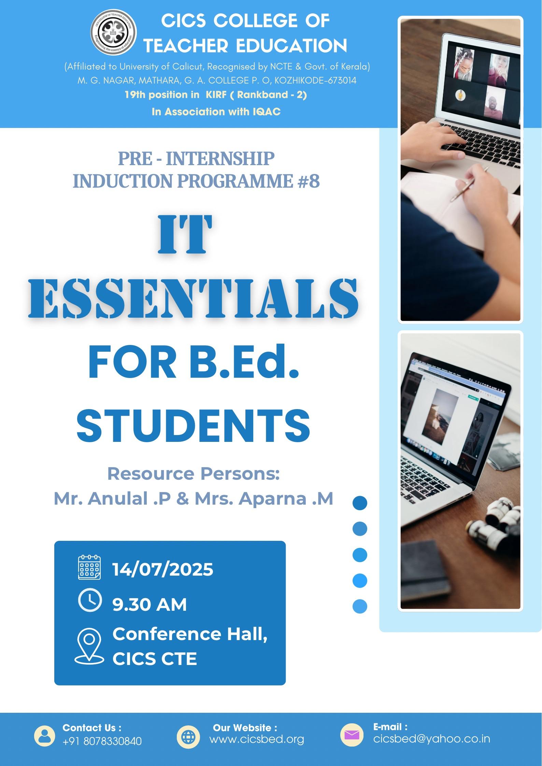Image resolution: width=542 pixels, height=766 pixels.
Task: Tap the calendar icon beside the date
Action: [89, 567]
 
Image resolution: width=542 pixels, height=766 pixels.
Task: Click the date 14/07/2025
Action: [163, 569]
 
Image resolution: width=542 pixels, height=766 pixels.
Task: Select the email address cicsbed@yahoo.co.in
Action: [432, 738]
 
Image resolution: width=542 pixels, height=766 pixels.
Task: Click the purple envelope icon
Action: [352, 735]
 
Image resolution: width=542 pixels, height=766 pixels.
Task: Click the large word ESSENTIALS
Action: [194, 298]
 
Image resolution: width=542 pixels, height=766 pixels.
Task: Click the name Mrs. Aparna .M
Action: [264, 498]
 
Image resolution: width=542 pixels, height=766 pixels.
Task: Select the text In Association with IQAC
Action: [216, 112]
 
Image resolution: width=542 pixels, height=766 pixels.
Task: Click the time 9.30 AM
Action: [149, 605]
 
